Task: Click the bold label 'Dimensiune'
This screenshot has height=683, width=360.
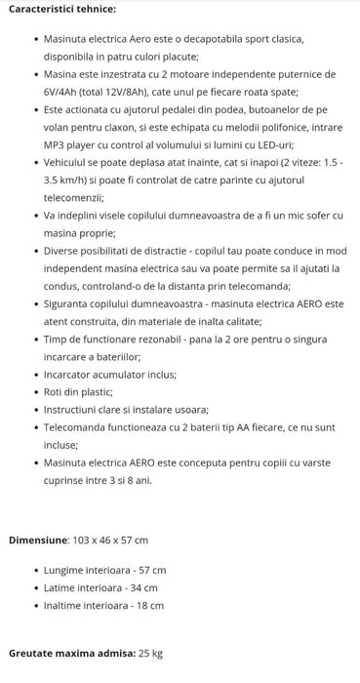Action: point(36,540)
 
